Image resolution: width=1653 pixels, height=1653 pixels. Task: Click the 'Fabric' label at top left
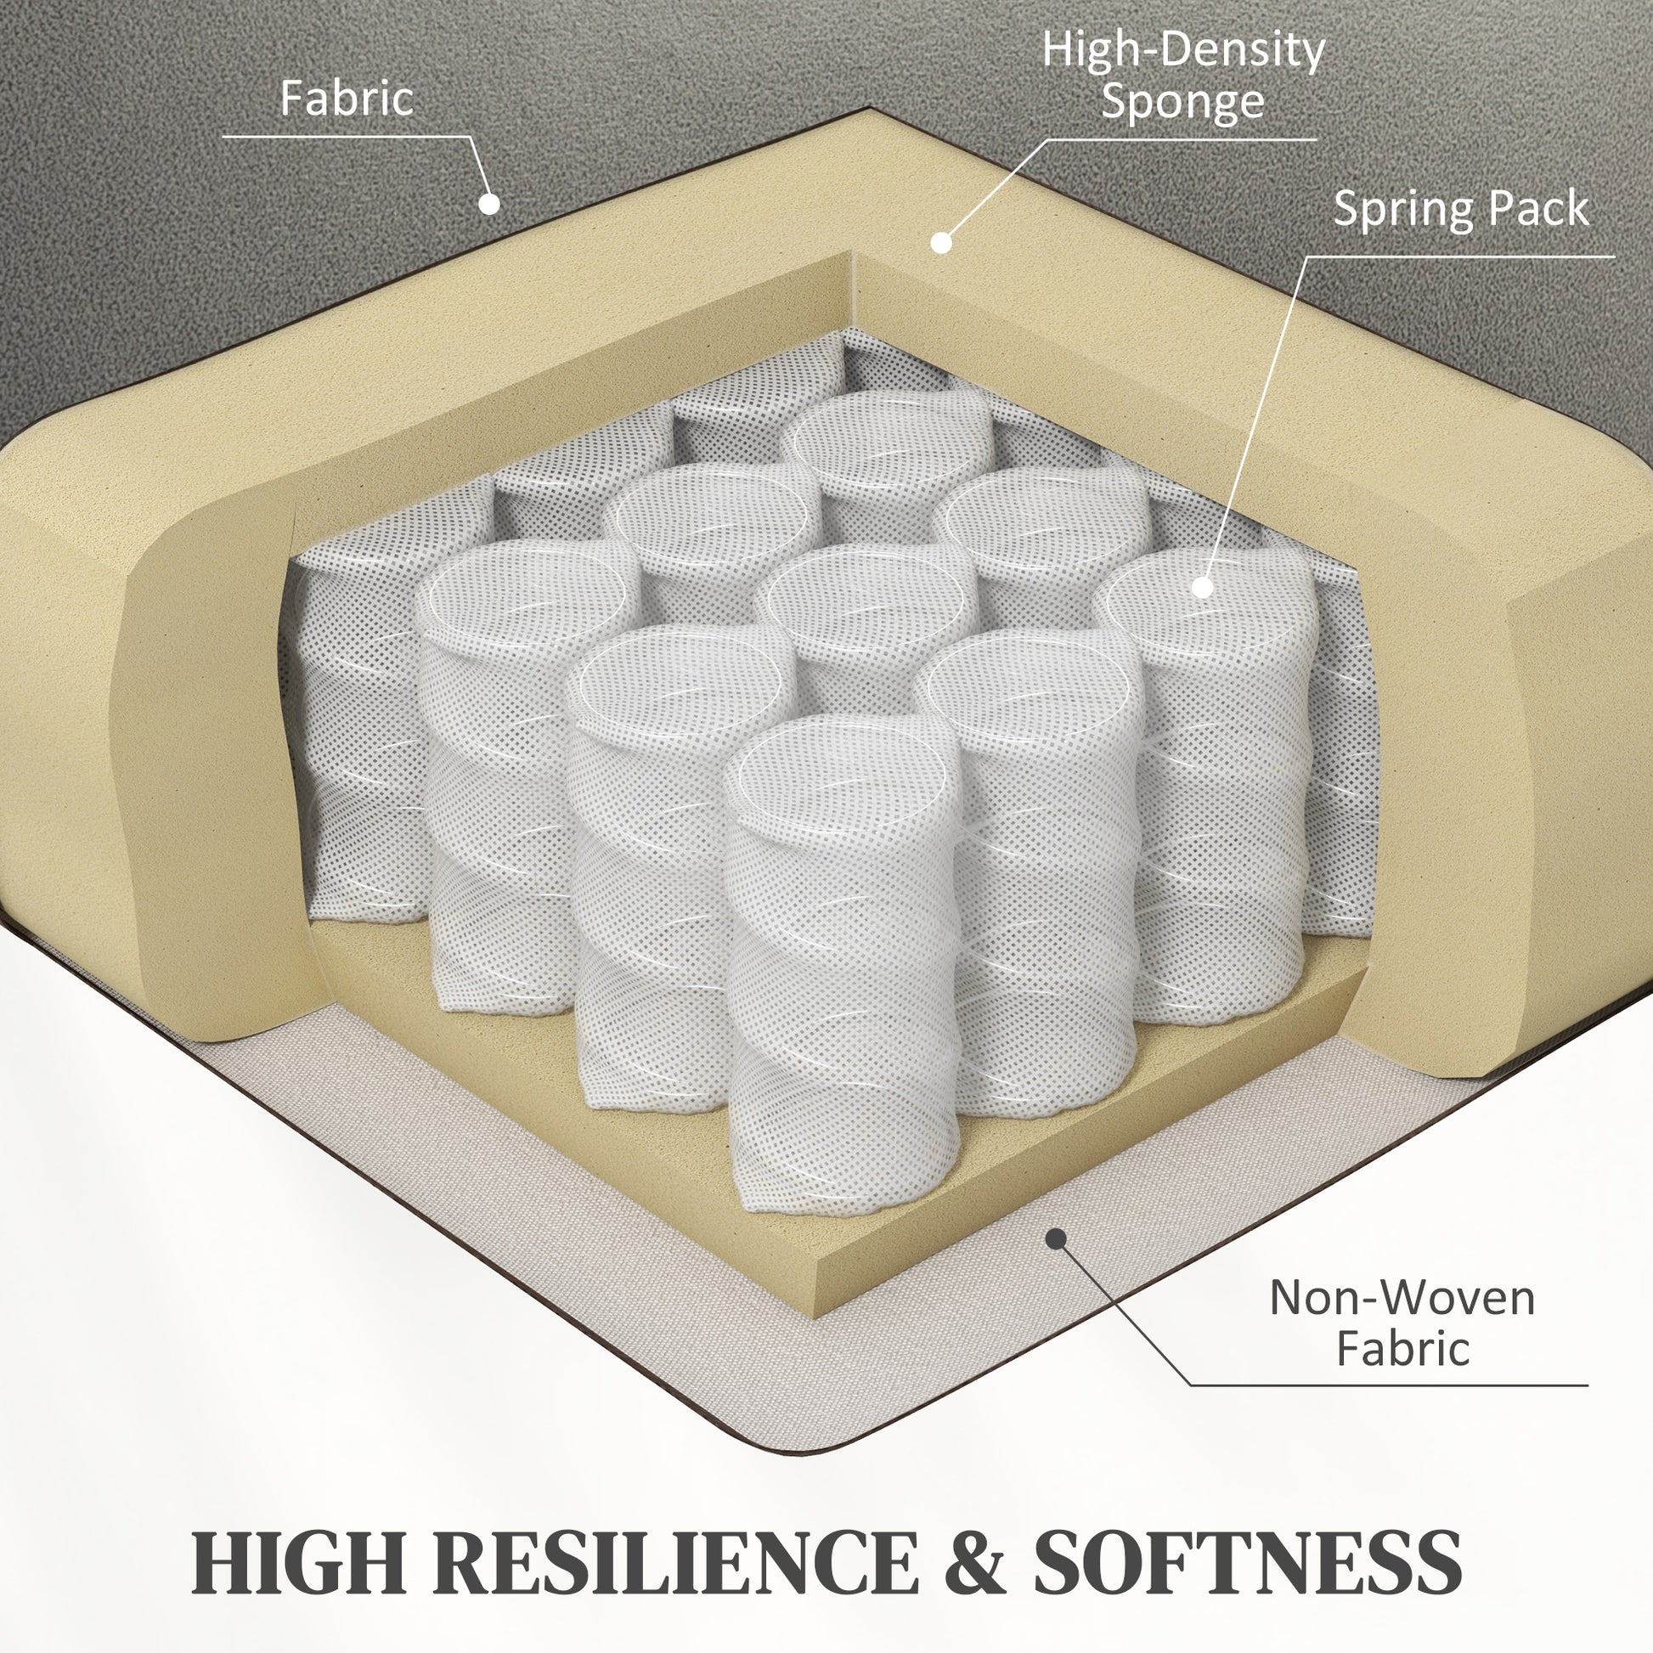[347, 99]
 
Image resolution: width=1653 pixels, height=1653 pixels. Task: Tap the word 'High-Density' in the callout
[1183, 51]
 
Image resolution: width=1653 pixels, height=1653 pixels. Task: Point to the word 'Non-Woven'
[1402, 1298]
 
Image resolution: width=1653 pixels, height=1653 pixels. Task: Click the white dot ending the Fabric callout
[489, 204]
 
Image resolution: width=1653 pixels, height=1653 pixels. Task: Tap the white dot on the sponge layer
[941, 243]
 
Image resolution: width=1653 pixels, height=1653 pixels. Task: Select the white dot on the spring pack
[1202, 588]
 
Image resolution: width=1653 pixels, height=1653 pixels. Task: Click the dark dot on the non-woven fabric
[1057, 1238]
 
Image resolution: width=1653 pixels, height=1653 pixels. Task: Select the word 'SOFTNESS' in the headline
[1248, 1562]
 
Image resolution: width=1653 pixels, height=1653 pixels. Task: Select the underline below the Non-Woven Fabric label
[1390, 1385]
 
